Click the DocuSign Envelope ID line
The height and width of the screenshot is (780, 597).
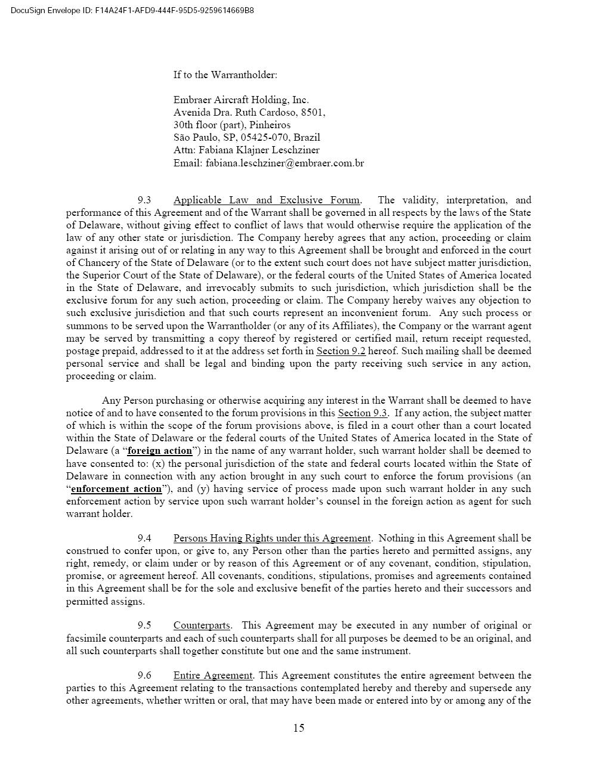click(x=132, y=10)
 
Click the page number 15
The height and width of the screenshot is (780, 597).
click(x=298, y=728)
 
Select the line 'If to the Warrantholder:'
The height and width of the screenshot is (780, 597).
click(x=225, y=75)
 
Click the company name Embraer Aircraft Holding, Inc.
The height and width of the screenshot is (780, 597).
click(x=241, y=100)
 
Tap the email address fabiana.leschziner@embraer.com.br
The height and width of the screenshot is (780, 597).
click(x=284, y=163)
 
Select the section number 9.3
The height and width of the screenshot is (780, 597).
click(x=144, y=200)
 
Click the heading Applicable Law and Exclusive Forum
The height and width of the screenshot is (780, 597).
click(x=267, y=200)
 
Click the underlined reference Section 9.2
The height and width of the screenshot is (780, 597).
click(x=341, y=351)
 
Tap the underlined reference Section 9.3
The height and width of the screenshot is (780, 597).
click(x=363, y=413)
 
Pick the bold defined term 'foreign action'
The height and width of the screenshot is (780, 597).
click(x=160, y=451)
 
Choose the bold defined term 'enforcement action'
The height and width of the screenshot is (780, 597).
click(x=116, y=489)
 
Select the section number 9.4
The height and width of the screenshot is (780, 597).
click(x=144, y=538)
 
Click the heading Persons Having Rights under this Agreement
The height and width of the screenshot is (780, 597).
click(x=272, y=538)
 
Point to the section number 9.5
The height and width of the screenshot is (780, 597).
click(x=144, y=625)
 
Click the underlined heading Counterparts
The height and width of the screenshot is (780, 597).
click(x=202, y=625)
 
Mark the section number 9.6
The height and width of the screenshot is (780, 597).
click(x=144, y=675)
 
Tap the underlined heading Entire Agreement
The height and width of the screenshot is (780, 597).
click(x=213, y=675)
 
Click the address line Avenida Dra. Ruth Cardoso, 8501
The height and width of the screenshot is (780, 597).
click(x=249, y=112)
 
